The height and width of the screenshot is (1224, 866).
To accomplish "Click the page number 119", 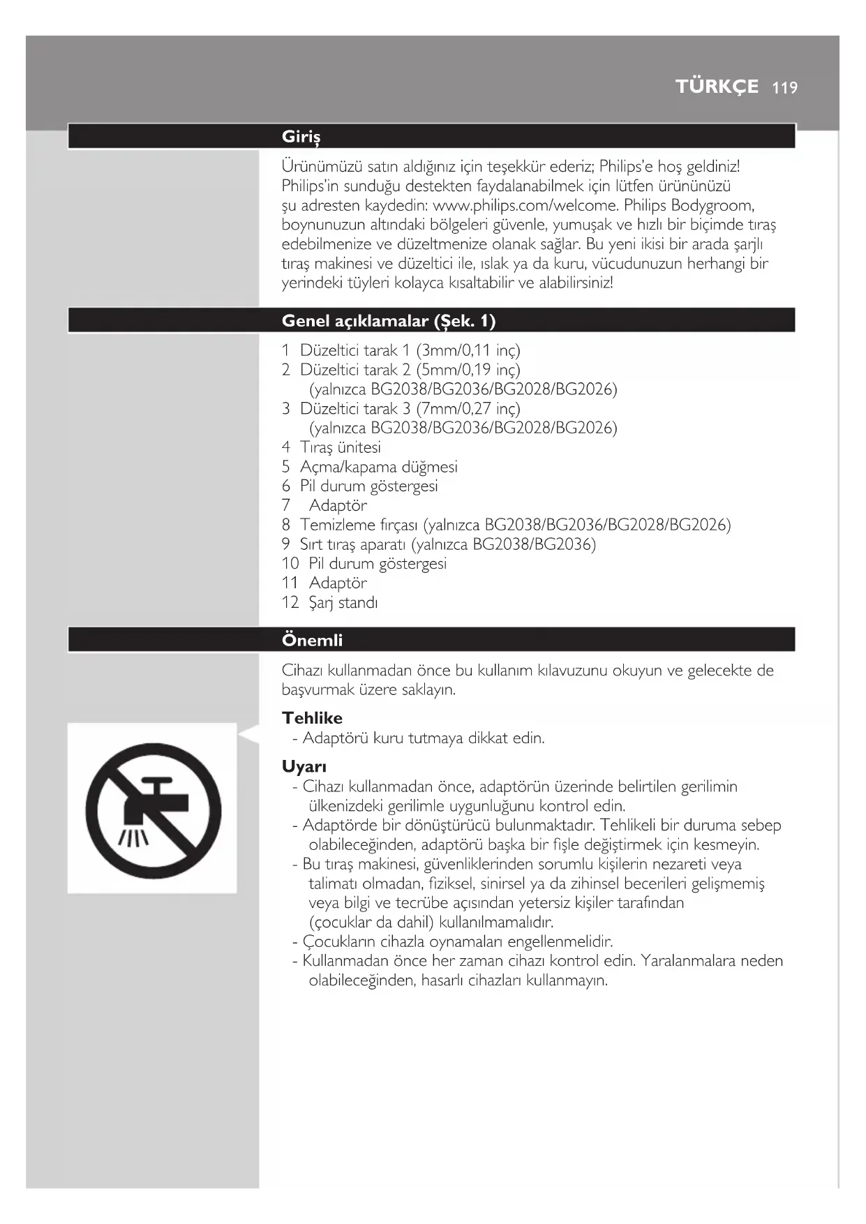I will pyautogui.click(x=785, y=88).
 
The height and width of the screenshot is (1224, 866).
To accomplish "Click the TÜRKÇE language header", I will pyautogui.click(x=717, y=87).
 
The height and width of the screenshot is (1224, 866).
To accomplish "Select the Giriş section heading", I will pyautogui.click(x=301, y=137).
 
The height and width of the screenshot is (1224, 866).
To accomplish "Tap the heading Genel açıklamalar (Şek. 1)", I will pyautogui.click(x=388, y=321).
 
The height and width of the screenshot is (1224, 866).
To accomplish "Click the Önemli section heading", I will pyautogui.click(x=312, y=640).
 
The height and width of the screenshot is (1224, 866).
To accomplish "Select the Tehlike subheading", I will pyautogui.click(x=312, y=718).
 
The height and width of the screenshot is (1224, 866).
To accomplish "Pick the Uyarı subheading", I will pyautogui.click(x=304, y=767).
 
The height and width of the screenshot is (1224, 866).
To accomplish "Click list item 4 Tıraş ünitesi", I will pyautogui.click(x=340, y=447).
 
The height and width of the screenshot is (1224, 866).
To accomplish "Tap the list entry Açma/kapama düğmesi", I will pyautogui.click(x=378, y=467).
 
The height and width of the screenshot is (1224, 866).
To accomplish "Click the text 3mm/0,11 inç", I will pyautogui.click(x=468, y=350).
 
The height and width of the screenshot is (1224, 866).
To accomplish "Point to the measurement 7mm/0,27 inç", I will pyautogui.click(x=468, y=408).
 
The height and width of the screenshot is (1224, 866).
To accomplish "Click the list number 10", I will pyautogui.click(x=290, y=564).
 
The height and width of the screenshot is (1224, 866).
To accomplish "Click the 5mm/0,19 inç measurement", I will pyautogui.click(x=468, y=370).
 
